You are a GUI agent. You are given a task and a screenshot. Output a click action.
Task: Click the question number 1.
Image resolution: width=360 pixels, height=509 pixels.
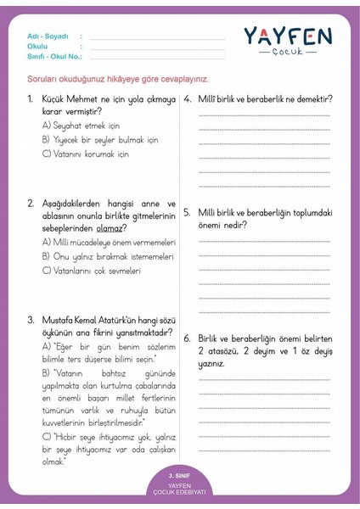point(31,99)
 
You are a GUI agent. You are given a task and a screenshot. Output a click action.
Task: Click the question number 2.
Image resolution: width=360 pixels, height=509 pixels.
point(31,204)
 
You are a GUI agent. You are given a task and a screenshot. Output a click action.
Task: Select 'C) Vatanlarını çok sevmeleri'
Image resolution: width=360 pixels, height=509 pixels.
point(91,271)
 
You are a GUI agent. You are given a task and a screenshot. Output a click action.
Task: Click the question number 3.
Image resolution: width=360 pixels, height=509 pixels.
point(31,320)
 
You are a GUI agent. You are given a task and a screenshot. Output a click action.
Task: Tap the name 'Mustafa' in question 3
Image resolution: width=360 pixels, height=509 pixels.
point(59,320)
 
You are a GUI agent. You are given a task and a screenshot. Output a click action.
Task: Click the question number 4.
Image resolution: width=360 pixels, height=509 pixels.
point(187,99)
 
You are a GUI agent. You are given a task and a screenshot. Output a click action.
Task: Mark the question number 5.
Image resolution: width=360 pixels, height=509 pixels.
point(187,212)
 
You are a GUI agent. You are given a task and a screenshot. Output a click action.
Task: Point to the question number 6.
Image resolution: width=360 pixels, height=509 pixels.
point(187,338)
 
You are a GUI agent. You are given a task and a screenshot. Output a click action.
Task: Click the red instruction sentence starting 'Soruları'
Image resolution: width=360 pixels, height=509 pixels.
point(118,79)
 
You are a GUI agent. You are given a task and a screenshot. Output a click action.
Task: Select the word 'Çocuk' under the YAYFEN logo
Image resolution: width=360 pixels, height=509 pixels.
point(289,53)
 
